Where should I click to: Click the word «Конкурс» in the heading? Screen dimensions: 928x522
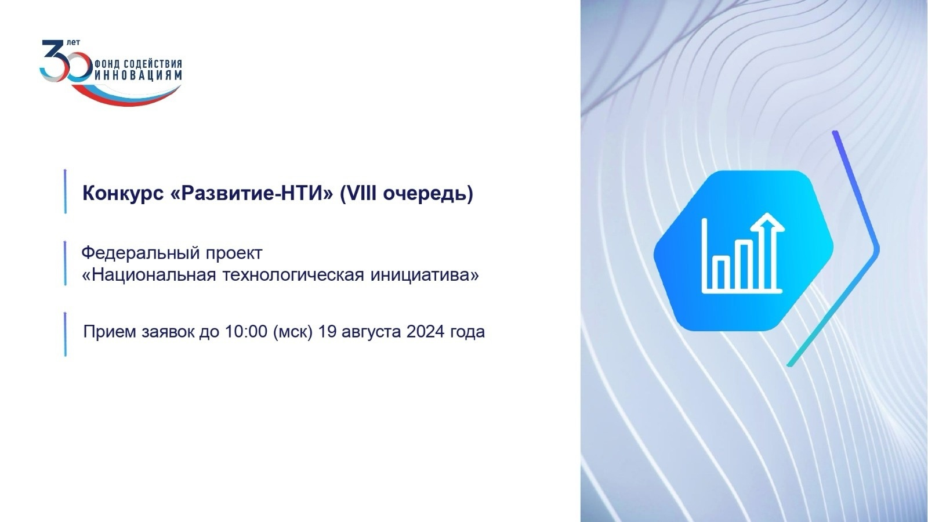pyautogui.click(x=123, y=194)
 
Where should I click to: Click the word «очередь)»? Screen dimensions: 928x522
pyautogui.click(x=427, y=194)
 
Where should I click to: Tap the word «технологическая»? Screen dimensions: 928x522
pyautogui.click(x=293, y=275)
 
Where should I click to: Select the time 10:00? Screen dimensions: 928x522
pyautogui.click(x=246, y=331)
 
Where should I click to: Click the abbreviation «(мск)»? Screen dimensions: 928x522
pyautogui.click(x=292, y=332)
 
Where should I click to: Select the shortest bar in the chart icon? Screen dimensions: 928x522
pyautogui.click(x=722, y=273)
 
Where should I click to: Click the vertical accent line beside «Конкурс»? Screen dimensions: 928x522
pyautogui.click(x=66, y=191)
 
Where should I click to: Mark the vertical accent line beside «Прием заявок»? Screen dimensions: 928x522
pyautogui.click(x=66, y=334)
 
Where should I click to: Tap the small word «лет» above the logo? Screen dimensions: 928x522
pyautogui.click(x=73, y=42)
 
